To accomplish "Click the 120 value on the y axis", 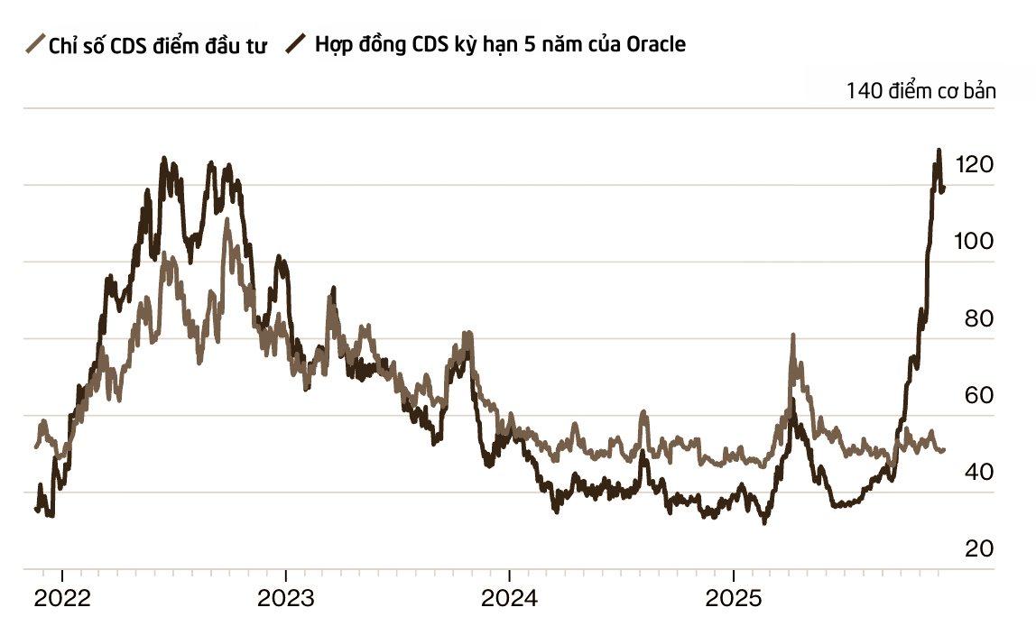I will click(x=978, y=165).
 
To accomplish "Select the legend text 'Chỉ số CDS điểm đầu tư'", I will click(x=157, y=45).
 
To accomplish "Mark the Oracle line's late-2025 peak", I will click(x=939, y=151).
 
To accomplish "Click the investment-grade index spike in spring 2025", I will click(x=792, y=336).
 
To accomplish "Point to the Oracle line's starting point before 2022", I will click(x=36, y=510).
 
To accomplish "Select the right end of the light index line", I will click(x=944, y=450).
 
